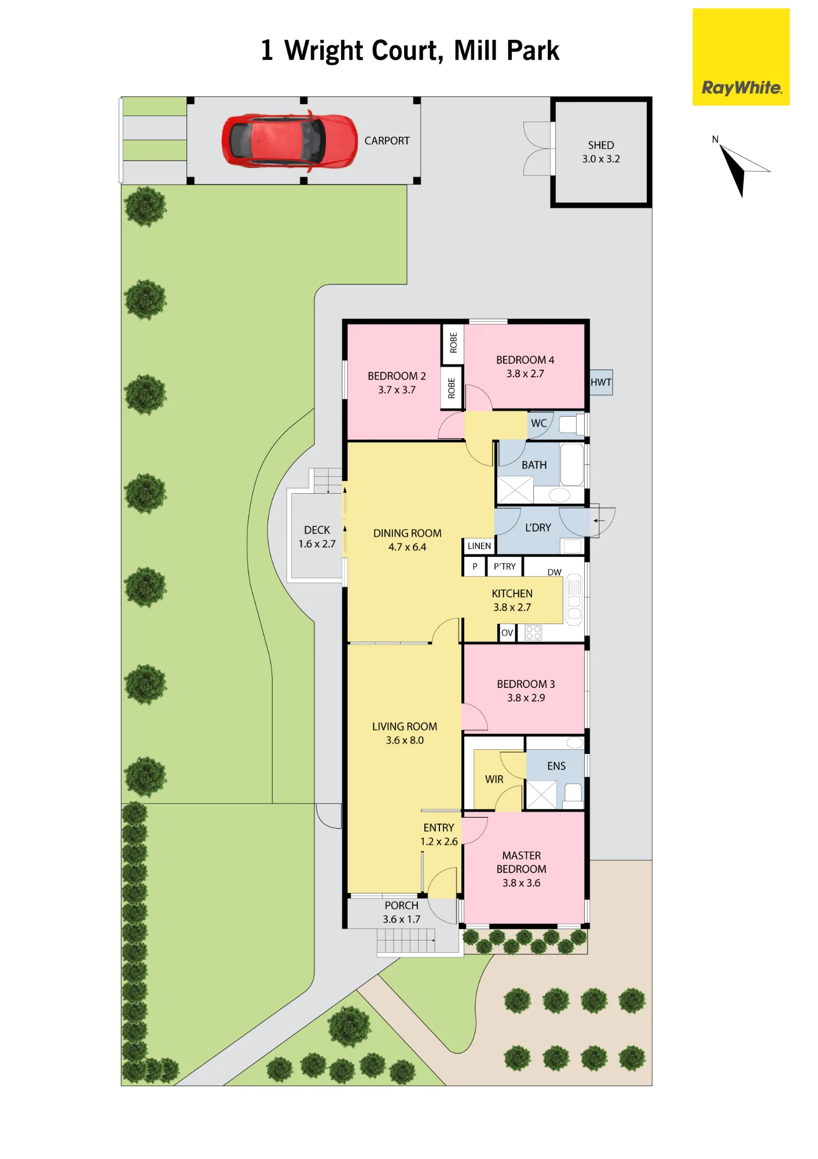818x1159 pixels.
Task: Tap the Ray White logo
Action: pos(741,57)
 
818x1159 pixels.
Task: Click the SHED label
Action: pos(601,145)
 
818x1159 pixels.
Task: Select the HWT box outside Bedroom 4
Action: pos(601,382)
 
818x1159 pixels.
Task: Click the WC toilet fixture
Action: pos(572,425)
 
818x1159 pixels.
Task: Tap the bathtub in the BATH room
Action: pos(572,465)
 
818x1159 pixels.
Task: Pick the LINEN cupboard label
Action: pos(479,546)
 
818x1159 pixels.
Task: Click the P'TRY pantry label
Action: pos(505,566)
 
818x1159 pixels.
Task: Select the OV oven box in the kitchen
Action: pos(507,633)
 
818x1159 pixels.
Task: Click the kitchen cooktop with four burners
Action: pos(533,633)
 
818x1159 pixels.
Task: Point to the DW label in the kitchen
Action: pos(555,572)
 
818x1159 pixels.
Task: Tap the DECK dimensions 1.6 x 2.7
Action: pos(317,544)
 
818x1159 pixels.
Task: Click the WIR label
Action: pos(494,779)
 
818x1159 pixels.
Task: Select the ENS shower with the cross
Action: pos(541,794)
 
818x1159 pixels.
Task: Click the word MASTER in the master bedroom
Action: pos(522,855)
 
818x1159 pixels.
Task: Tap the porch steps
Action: pos(406,941)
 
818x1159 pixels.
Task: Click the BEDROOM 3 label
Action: pos(526,684)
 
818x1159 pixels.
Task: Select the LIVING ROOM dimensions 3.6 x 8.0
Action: pos(405,740)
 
